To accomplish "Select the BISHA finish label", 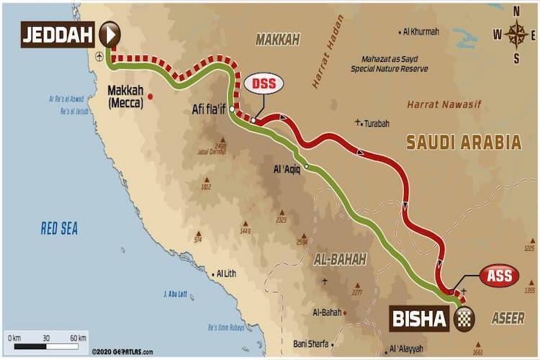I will coord(420,318).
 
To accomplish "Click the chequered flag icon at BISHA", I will coord(464,318).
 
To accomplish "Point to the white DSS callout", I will coord(264,84).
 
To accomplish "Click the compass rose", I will coord(516,34).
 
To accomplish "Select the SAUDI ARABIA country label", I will coord(464,142).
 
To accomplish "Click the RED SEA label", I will coord(59,229).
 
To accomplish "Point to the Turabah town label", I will coord(376,123).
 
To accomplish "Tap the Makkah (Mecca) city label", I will coord(126,96).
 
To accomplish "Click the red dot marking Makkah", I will coord(150,96).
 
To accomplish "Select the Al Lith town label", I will coord(231,274).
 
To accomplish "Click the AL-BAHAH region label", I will coord(340,259).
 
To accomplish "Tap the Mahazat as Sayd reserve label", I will coord(390,64).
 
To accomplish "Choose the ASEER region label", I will coord(508,318).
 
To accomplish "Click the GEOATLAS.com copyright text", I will coord(122,352).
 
